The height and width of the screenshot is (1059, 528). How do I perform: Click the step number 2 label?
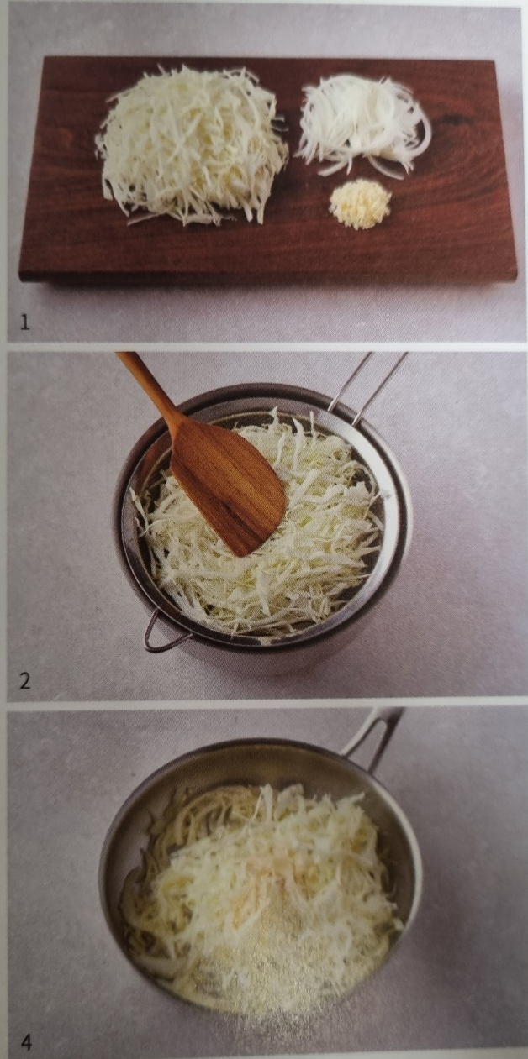pyautogui.click(x=25, y=681)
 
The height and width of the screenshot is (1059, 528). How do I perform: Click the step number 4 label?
pyautogui.click(x=27, y=1040)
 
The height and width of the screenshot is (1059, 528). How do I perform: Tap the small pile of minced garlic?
pyautogui.click(x=361, y=205)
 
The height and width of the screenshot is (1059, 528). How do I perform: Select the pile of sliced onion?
pyautogui.click(x=363, y=123)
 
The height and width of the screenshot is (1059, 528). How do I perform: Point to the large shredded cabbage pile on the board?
pyautogui.click(x=191, y=144)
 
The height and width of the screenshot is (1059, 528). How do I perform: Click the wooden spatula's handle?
pyautogui.click(x=144, y=384)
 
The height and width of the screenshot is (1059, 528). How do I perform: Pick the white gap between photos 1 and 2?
pyautogui.click(x=264, y=347)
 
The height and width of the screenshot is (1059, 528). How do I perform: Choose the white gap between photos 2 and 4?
pyautogui.click(x=264, y=705)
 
